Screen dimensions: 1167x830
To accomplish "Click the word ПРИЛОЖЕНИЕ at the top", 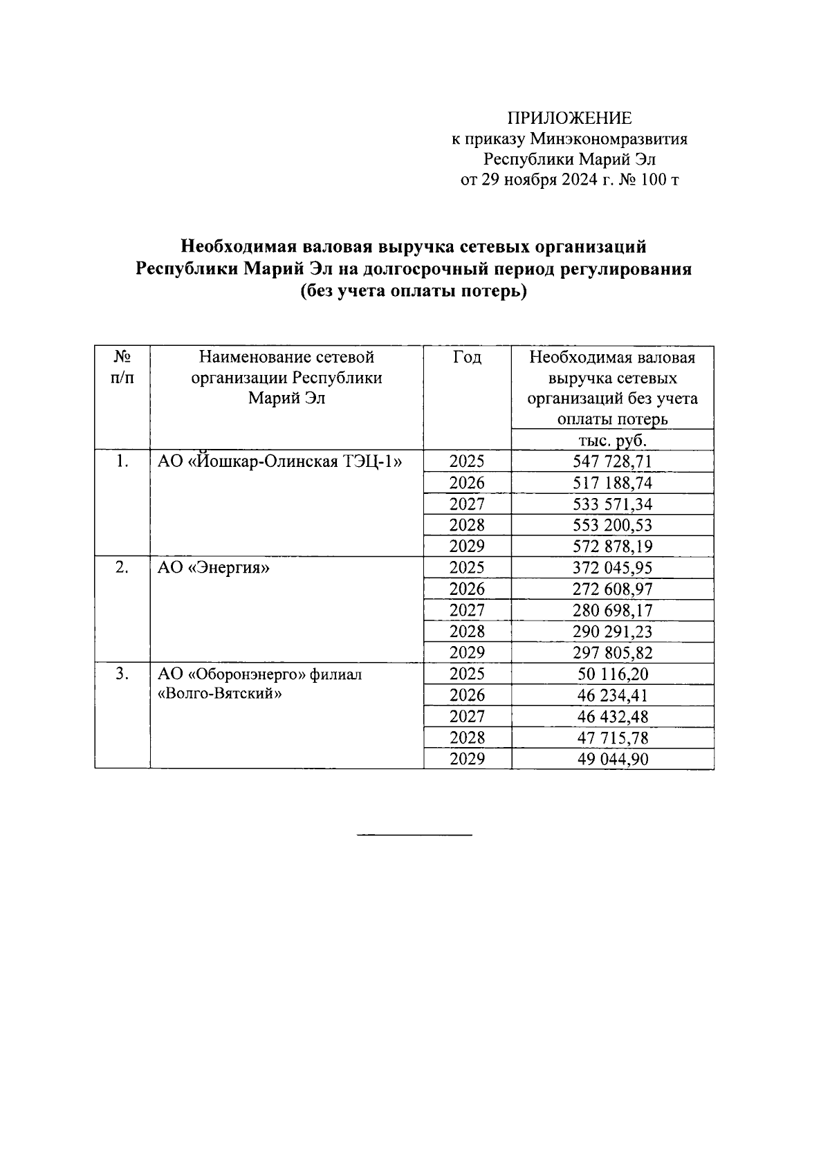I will click(570, 118).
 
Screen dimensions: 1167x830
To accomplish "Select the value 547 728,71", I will click(612, 462).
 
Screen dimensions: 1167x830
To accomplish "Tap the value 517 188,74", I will click(612, 483).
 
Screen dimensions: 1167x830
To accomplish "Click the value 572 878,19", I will click(612, 546).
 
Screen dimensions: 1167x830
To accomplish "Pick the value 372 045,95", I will click(612, 568).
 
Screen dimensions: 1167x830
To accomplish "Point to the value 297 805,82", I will click(612, 653).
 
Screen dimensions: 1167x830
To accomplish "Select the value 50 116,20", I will click(612, 674).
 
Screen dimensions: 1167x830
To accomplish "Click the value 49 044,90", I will click(612, 760).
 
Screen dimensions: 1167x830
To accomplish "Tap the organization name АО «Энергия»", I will click(214, 569).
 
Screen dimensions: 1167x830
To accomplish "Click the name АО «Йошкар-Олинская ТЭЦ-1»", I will click(279, 461).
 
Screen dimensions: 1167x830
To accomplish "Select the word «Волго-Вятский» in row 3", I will click(220, 694).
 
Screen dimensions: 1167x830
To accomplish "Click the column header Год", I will click(467, 358).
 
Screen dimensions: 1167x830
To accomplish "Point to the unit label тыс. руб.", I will click(612, 440).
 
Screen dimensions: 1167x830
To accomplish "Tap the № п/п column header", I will click(122, 367).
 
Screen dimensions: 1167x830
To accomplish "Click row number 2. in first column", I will click(122, 568).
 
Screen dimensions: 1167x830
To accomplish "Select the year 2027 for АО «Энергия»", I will click(467, 611).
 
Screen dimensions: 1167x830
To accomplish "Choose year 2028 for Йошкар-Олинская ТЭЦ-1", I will click(467, 525).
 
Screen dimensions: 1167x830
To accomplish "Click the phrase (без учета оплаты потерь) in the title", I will click(414, 292).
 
